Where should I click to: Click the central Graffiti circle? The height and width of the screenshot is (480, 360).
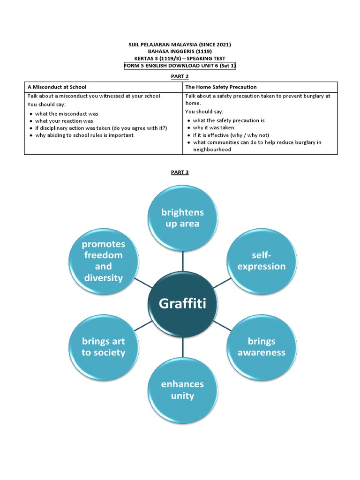182,304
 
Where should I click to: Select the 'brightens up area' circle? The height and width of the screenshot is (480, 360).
182,218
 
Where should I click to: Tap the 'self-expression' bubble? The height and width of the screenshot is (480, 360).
262,261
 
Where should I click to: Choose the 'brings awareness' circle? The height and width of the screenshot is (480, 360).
262,346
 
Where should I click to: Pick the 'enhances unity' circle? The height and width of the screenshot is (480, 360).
182,390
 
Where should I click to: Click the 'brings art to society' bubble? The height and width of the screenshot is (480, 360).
104,346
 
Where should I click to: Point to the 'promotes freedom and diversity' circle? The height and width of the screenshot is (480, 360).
104,261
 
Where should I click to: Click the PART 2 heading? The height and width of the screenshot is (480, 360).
180,75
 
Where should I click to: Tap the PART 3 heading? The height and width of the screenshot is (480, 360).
180,172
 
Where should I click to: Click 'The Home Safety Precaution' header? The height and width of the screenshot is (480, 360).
221,87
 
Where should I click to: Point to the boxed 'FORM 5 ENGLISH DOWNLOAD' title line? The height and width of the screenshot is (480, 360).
180,66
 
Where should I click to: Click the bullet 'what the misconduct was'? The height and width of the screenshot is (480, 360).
67,114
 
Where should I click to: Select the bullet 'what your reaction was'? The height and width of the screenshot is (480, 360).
64,121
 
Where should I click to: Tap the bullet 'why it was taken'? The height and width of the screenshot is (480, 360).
213,127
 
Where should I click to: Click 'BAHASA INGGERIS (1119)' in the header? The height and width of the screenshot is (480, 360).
180,51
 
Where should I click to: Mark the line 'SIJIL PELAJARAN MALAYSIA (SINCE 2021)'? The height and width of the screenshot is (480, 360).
180,45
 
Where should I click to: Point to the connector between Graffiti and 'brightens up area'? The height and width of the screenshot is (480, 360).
183,261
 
